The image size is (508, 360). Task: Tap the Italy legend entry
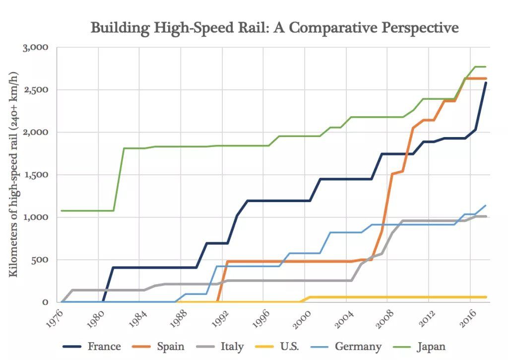pos(231,346)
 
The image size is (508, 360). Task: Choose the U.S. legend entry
pos(288,346)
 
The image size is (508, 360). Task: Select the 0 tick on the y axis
pos(45,302)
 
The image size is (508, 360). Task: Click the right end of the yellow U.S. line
pos(486,297)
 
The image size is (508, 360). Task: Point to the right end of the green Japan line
pos(486,67)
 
